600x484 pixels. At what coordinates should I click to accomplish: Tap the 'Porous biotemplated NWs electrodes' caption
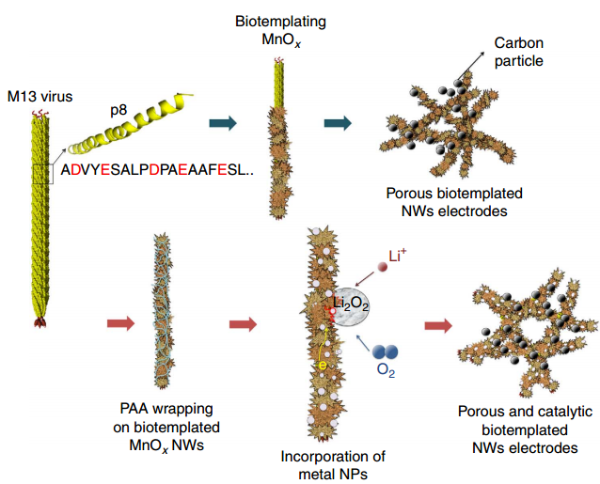point(454,202)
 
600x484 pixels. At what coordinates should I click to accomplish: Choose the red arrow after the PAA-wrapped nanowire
point(243,324)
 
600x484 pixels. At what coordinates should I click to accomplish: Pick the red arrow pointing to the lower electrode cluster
point(436,325)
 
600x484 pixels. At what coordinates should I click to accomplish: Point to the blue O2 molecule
point(386,352)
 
